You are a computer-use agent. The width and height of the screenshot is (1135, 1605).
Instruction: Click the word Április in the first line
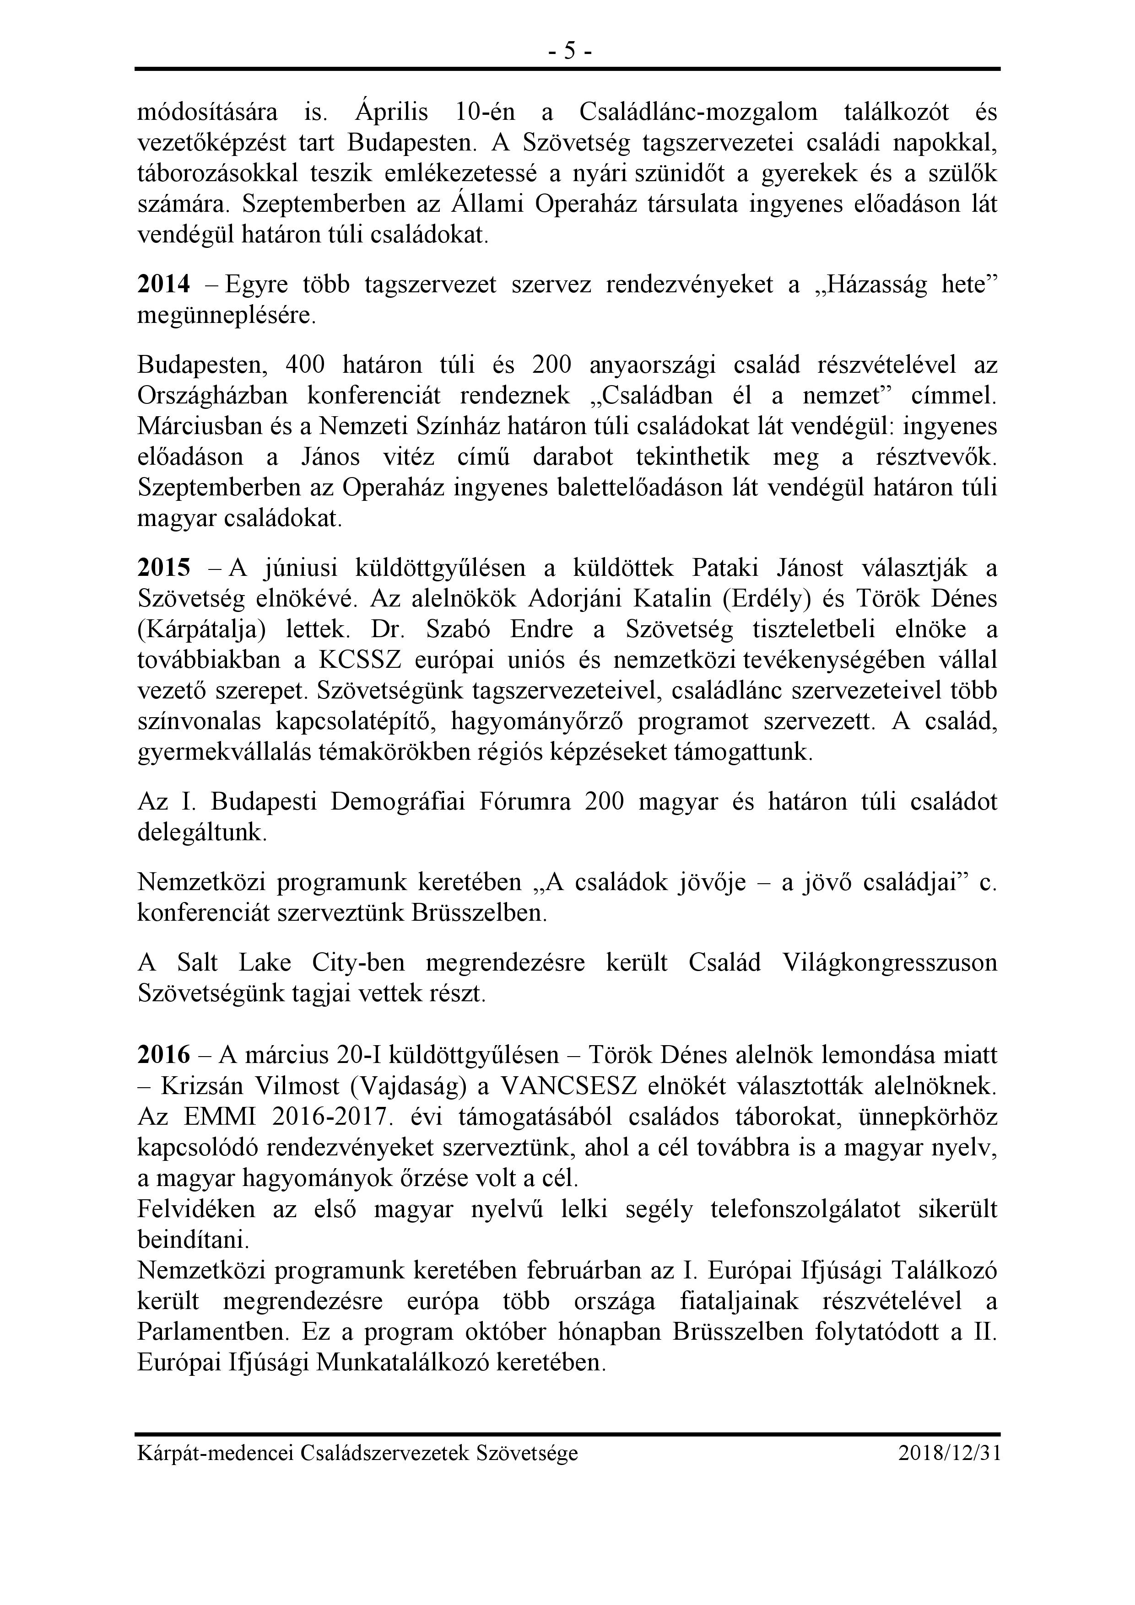(392, 112)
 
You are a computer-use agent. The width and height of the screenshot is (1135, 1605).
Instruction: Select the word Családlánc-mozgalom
(698, 112)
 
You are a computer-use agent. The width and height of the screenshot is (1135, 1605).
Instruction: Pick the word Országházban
(213, 396)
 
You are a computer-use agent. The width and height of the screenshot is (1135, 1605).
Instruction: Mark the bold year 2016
(164, 1055)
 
